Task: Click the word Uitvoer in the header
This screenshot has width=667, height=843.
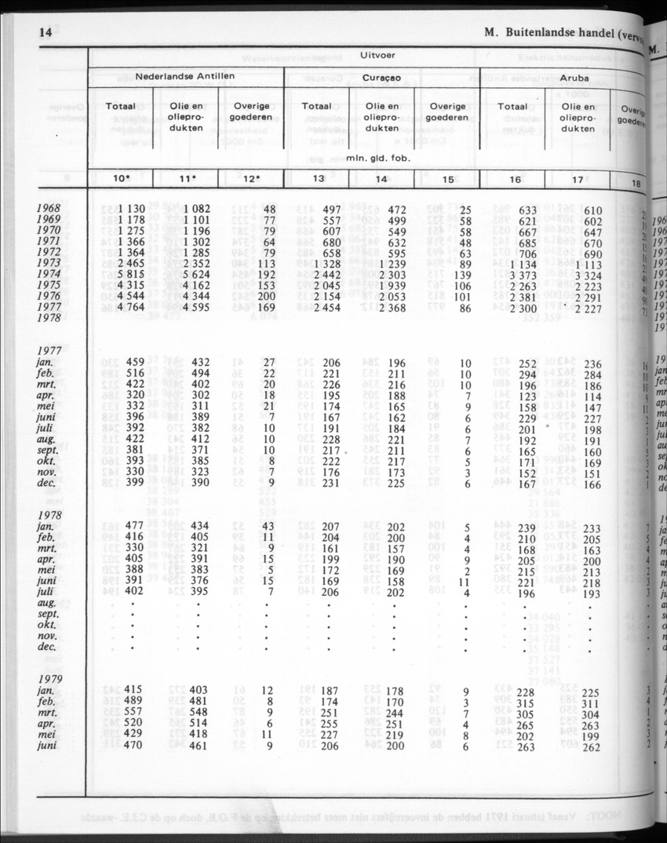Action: [x=377, y=57]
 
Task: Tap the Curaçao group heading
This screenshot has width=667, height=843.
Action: [x=381, y=78]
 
